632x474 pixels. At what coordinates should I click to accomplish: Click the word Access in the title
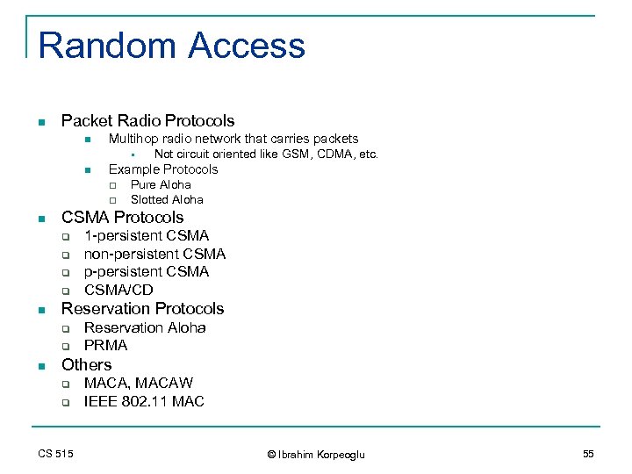tap(247, 46)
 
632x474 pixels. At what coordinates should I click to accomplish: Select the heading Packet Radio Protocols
tap(147, 121)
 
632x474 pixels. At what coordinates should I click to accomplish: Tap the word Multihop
tap(133, 139)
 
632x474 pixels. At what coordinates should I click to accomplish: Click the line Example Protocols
tap(162, 169)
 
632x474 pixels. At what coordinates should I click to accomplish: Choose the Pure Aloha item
tap(161, 184)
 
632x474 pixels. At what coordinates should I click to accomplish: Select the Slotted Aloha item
tap(167, 199)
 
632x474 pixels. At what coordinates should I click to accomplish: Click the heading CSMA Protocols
tap(122, 217)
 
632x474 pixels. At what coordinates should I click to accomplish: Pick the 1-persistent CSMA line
tap(147, 235)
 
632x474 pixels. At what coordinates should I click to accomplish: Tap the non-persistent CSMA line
tap(154, 254)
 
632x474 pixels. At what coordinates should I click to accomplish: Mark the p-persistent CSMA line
tap(147, 272)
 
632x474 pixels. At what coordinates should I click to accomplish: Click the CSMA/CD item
tap(118, 291)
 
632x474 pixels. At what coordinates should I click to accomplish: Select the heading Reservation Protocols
tap(142, 309)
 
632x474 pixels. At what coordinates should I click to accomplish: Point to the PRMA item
tap(105, 346)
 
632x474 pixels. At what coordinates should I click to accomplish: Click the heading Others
tap(86, 364)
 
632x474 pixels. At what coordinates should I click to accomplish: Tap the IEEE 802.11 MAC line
tap(144, 401)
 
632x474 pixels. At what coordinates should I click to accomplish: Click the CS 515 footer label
tap(55, 453)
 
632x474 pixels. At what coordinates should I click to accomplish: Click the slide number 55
tap(587, 453)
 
